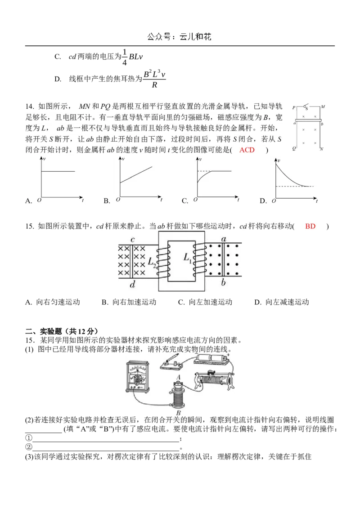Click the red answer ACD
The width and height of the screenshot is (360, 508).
click(247, 150)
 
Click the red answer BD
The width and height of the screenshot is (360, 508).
click(310, 227)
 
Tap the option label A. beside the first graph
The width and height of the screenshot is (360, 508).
click(28, 201)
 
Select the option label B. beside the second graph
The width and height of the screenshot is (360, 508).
click(107, 201)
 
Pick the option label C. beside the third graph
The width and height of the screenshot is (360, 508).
click(185, 201)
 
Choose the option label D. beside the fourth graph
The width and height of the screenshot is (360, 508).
click(264, 201)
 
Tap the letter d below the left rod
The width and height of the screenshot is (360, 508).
click(132, 285)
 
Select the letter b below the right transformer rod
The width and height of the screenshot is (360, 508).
click(224, 283)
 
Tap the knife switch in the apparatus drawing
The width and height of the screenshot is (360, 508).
click(171, 362)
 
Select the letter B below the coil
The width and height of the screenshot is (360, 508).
click(179, 412)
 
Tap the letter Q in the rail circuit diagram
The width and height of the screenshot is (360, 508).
click(294, 148)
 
